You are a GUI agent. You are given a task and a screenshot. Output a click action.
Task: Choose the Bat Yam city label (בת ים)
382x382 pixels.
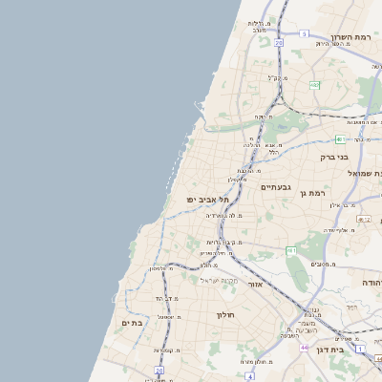(132, 324)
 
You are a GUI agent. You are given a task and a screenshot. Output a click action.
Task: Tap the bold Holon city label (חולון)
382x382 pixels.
(225, 314)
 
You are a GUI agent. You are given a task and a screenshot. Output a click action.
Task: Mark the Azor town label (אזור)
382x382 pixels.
(255, 284)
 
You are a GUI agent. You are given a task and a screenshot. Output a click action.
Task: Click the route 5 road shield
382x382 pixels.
(304, 33)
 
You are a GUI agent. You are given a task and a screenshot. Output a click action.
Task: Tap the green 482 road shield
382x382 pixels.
(314, 85)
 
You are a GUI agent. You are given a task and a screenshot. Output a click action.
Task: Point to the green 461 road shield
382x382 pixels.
(291, 250)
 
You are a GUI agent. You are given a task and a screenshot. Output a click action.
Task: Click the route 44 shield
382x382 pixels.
(304, 348)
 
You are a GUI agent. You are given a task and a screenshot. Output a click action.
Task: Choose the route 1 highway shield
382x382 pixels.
(360, 350)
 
